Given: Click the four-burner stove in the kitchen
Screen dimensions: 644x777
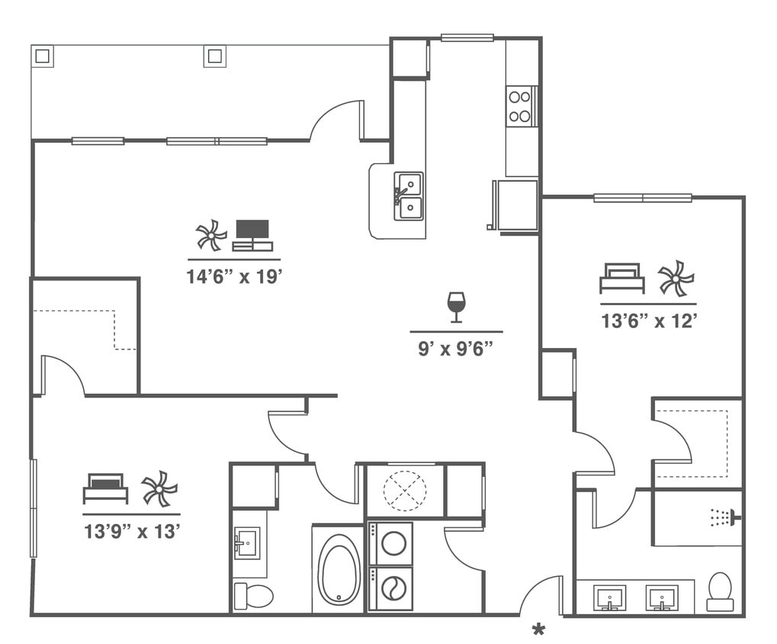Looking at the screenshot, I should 520,106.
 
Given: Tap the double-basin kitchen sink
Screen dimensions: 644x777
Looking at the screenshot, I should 409,196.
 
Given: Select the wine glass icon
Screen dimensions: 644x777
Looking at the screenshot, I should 456,306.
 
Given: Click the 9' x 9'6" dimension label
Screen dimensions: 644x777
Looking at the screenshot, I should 456,349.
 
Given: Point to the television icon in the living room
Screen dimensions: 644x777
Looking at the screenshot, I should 252,235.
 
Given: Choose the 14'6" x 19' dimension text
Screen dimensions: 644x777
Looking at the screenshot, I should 235,276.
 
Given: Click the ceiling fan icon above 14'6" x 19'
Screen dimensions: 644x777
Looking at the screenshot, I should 210,235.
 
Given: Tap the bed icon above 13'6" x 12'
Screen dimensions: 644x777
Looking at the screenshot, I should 621,279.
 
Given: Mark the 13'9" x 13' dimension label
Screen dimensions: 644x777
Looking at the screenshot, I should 132,531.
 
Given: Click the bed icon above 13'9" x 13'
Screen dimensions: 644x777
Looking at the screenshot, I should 105,488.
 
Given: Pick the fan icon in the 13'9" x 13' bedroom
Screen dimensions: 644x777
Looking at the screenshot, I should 159,488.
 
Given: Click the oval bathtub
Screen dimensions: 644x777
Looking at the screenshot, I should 339,568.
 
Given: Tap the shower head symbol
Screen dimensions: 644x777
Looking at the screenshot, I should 724,517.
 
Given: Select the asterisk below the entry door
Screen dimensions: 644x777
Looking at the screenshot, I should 539,630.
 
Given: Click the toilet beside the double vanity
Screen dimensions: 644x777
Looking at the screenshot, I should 720,591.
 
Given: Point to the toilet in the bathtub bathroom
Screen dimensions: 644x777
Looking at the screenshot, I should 254,595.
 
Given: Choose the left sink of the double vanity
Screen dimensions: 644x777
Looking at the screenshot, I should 609,597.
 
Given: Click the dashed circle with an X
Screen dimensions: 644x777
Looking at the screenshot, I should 405,491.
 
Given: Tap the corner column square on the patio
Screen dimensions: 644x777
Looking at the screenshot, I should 42,56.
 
